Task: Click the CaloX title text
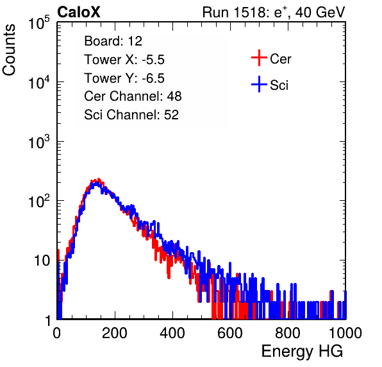(x=79, y=12)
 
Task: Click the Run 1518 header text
(x=274, y=13)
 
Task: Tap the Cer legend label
(x=280, y=59)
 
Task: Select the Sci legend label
(x=279, y=85)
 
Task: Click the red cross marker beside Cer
(x=259, y=58)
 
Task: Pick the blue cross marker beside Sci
(x=259, y=85)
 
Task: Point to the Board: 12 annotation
(x=113, y=41)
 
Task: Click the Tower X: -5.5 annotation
(x=124, y=60)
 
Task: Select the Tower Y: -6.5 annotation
(x=124, y=78)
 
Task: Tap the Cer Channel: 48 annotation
(x=133, y=96)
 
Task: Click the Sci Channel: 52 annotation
(x=131, y=115)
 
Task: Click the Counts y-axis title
(x=9, y=50)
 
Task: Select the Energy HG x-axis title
(x=302, y=351)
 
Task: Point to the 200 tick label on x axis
(x=115, y=333)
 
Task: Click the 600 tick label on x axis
(x=230, y=333)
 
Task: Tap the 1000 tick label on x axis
(x=345, y=333)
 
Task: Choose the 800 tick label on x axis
(x=288, y=333)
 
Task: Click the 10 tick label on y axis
(x=42, y=260)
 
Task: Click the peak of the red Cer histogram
(x=99, y=179)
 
